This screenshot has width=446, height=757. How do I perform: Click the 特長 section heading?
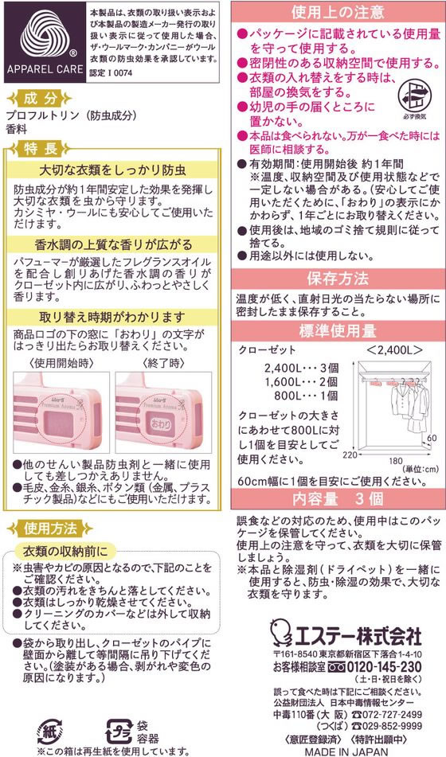[x=42, y=149]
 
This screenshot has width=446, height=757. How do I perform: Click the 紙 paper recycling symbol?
[x=49, y=731]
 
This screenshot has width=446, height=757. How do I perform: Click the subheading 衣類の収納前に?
[x=65, y=552]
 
